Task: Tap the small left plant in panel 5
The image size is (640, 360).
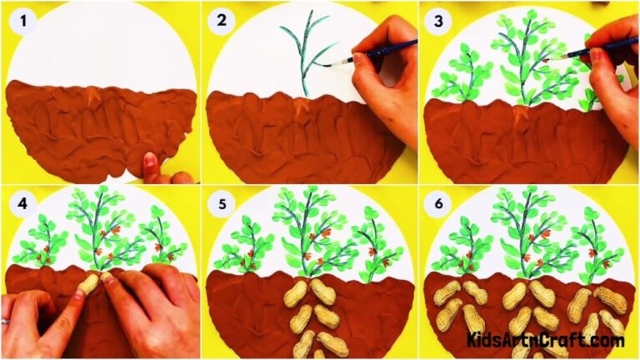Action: tap(248, 246)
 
